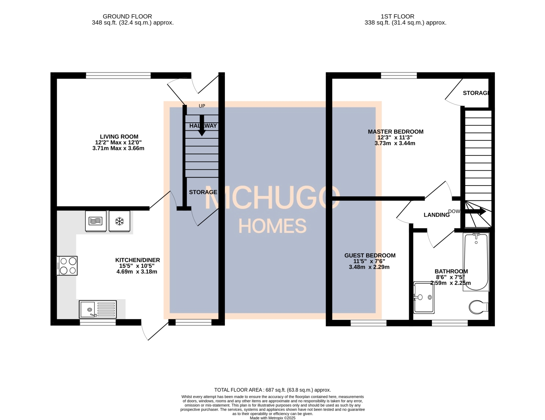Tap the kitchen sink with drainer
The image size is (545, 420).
click(98, 309)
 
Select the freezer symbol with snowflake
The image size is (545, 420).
click(119, 221)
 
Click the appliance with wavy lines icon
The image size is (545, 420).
click(96, 221)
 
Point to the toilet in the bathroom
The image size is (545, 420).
click(478, 307)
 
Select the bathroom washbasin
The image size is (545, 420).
click(424, 297)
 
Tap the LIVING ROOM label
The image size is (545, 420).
click(119, 137)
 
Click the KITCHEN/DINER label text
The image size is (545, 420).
click(137, 260)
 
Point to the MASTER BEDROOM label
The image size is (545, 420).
click(395, 132)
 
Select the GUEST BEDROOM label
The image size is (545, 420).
click(370, 256)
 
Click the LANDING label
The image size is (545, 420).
click(436, 215)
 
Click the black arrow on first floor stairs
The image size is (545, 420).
click(476, 211)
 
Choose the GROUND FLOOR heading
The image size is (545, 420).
click(127, 16)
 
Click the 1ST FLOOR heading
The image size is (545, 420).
click(397, 16)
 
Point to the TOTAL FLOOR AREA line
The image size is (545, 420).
click(272, 390)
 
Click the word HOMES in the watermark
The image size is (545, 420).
click(272, 226)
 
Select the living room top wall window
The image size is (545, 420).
click(118, 76)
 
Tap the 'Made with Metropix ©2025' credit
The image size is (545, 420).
click(272, 418)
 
